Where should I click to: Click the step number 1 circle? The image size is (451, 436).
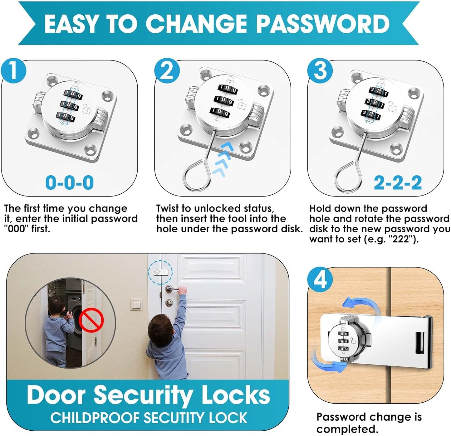(x=13, y=70)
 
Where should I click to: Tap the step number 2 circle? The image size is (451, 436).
(x=167, y=70)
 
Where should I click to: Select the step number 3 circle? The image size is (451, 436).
(x=320, y=70)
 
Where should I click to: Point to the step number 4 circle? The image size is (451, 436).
(x=320, y=279)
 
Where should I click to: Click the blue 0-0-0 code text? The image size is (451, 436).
(x=69, y=182)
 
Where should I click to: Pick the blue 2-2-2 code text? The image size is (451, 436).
(x=398, y=183)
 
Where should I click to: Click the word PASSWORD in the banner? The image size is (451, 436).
(x=323, y=24)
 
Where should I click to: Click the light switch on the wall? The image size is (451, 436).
(x=136, y=304)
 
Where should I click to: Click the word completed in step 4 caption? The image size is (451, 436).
(x=347, y=429)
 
